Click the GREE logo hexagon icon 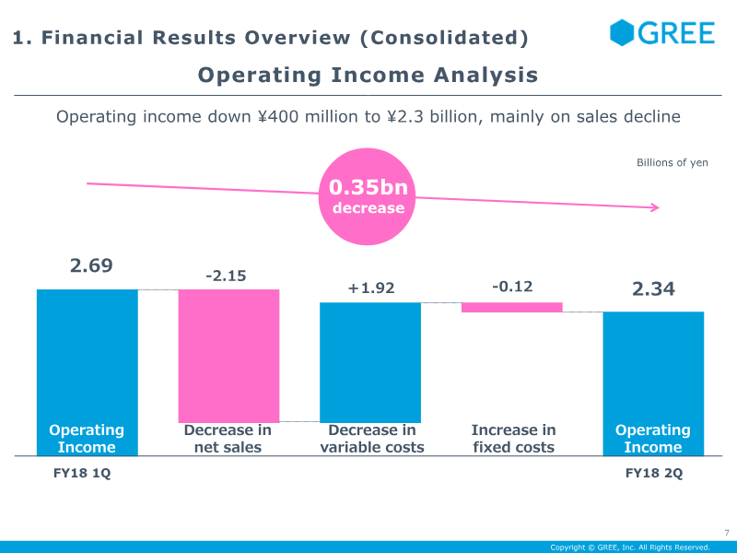click(623, 32)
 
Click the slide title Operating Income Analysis click(368, 75)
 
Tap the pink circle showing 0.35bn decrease click(368, 196)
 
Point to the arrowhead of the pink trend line click(656, 207)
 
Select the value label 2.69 click(91, 265)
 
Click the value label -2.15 click(227, 276)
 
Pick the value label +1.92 click(370, 288)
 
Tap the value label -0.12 click(512, 287)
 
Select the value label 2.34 click(653, 289)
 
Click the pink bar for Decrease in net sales click(228, 355)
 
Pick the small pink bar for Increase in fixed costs click(512, 307)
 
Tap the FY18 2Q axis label click(654, 474)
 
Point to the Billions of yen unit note click(673, 163)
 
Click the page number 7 click(726, 533)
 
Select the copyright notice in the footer click(630, 547)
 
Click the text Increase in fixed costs click(513, 439)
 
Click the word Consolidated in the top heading click(443, 38)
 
